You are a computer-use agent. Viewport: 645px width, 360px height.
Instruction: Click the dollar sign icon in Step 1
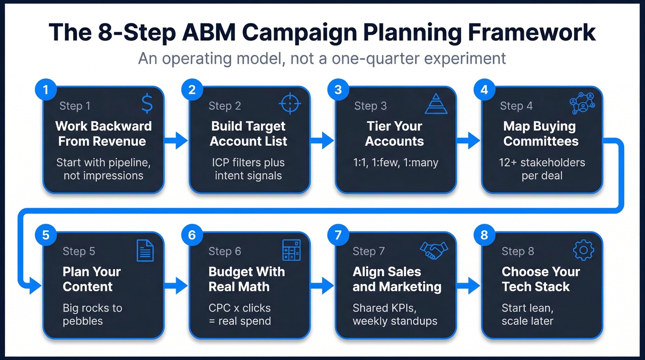147,105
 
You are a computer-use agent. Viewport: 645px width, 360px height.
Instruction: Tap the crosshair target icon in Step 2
290,104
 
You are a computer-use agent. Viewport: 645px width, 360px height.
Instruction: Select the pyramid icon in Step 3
436,104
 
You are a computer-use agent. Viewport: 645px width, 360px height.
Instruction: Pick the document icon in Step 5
145,251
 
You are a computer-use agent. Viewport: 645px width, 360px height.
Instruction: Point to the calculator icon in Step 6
291,250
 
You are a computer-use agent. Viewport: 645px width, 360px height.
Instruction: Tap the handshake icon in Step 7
434,250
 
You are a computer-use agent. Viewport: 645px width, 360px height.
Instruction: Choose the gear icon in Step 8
583,250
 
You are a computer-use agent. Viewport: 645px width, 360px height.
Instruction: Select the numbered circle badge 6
192,235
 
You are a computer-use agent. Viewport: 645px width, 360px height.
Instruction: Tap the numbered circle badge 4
484,89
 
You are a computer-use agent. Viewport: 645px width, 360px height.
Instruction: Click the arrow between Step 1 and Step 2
176,141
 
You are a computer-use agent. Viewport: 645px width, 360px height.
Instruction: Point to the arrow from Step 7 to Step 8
469,286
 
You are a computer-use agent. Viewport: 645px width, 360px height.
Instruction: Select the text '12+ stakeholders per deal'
542,169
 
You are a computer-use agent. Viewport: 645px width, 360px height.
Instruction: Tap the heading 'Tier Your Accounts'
394,134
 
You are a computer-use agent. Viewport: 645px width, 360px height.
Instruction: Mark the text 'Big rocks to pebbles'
93,314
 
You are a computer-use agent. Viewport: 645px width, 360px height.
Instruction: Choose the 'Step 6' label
224,251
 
